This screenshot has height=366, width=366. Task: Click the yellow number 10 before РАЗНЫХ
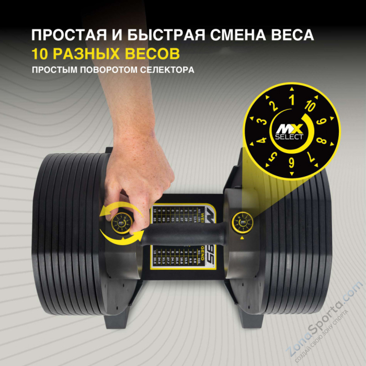pyautogui.click(x=42, y=54)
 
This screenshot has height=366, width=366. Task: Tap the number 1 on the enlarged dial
pyautogui.click(x=292, y=100)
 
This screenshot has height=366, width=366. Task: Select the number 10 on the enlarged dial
pyautogui.click(x=311, y=106)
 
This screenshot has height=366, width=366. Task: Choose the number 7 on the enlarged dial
pyautogui.click(x=311, y=156)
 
